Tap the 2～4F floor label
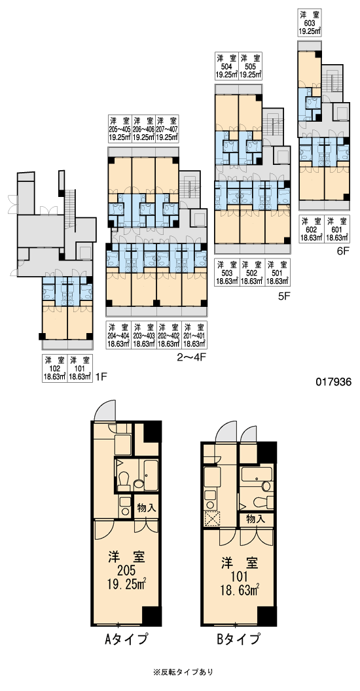tap(192, 357)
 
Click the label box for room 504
tap(227, 65)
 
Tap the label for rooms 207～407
tap(168, 128)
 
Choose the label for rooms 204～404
tap(118, 335)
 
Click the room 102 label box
tap(55, 368)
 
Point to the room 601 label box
tap(336, 229)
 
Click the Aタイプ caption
tap(126, 639)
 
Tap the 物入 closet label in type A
tap(147, 508)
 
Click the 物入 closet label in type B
tap(255, 519)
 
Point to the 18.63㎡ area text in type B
tap(240, 590)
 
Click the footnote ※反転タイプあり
tap(183, 672)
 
